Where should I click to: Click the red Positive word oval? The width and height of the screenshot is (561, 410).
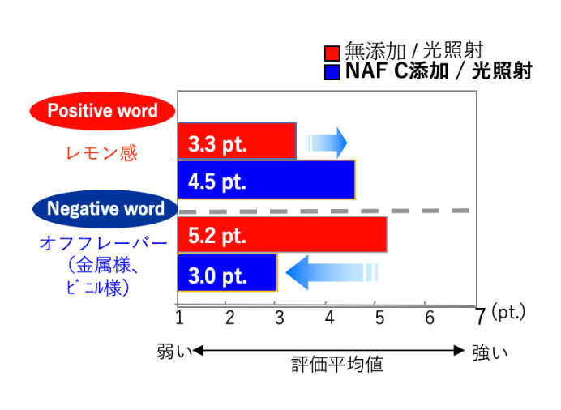[x=102, y=111]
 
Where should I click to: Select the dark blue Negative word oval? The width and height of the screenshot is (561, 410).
[x=105, y=209]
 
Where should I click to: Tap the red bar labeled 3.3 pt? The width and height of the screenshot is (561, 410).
[x=237, y=141]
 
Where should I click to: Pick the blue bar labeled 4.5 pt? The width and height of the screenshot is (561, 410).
[x=267, y=180]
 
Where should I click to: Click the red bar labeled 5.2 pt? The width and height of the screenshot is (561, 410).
[x=282, y=234]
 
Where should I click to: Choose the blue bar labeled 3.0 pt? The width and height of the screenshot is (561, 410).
[x=228, y=272]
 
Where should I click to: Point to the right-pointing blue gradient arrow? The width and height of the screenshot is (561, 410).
[x=326, y=143]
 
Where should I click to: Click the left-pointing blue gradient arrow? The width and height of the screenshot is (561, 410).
[x=332, y=273]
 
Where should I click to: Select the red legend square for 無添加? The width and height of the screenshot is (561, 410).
[x=332, y=53]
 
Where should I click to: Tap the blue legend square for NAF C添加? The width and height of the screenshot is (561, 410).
[x=332, y=72]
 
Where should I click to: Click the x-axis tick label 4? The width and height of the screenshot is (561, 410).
[x=329, y=318]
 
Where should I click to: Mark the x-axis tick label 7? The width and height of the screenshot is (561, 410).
[x=481, y=317]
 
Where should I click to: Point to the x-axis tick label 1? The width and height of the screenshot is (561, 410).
[x=180, y=318]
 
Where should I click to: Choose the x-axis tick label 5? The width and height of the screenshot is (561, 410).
[x=380, y=318]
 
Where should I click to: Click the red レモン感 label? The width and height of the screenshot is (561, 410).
[x=102, y=153]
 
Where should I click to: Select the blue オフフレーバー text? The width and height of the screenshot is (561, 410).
[x=104, y=244]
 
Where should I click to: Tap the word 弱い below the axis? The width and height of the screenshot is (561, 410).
[x=174, y=352]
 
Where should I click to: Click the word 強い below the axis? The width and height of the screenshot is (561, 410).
[x=490, y=352]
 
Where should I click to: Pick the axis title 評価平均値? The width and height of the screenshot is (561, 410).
[x=337, y=365]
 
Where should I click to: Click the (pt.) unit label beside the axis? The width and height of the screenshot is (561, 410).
[x=508, y=312]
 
